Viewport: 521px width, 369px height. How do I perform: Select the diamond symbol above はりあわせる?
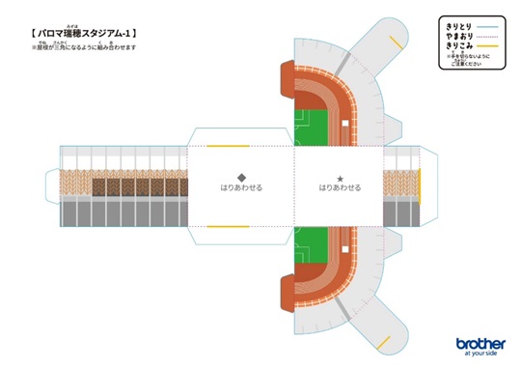(x=241, y=178)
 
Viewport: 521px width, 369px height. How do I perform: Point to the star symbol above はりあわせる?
(x=340, y=178)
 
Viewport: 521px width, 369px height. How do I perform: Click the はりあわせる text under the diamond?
(x=241, y=188)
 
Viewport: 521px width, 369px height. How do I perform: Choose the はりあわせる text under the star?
(x=340, y=188)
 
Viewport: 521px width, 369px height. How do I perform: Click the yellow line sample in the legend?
(x=486, y=45)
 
